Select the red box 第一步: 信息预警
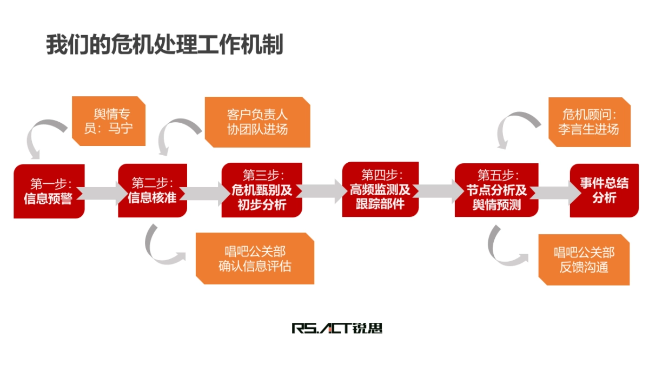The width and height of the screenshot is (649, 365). [49, 191]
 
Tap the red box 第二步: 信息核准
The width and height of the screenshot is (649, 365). [153, 190]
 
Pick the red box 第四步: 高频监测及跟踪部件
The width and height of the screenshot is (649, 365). [381, 189]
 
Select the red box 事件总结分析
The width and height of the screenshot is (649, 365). [604, 190]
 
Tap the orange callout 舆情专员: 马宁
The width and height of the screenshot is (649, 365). [108, 121]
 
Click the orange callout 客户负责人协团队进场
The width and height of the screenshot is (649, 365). [257, 122]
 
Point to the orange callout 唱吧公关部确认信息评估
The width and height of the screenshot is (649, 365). [255, 258]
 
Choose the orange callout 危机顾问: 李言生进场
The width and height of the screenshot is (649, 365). [590, 122]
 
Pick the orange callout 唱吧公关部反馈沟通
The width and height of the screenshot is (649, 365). [584, 260]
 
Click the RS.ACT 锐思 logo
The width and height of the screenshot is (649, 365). [337, 328]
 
